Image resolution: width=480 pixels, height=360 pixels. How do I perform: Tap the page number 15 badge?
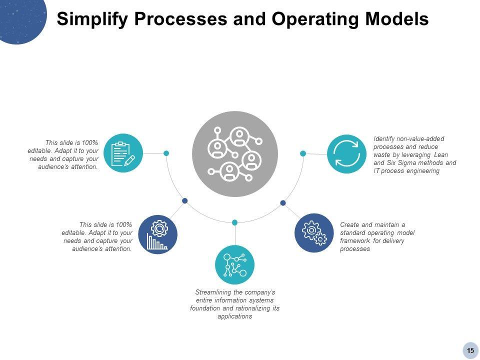(x=470, y=350)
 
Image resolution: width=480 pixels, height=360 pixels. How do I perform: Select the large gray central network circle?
(x=235, y=154)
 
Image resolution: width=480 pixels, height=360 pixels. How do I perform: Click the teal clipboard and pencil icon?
(x=123, y=153)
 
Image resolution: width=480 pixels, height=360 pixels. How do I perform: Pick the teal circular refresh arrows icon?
(x=346, y=153)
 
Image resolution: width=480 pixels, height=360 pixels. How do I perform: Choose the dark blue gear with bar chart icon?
(x=157, y=234)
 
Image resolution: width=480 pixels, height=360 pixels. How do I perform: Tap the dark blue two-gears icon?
(x=314, y=233)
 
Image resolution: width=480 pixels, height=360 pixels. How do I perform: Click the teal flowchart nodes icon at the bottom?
(x=234, y=265)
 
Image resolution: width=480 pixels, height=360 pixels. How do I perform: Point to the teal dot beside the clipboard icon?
(x=166, y=153)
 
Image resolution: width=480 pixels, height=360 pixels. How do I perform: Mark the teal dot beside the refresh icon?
(x=303, y=153)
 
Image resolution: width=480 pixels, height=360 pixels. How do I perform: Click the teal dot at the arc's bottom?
(x=234, y=222)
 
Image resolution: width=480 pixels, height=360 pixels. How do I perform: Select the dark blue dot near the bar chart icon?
(x=185, y=200)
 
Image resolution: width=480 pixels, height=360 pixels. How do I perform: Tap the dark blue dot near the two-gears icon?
(x=283, y=202)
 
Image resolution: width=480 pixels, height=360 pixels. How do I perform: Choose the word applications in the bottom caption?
(x=234, y=316)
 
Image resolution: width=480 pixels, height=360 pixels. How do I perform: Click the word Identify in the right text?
(x=385, y=138)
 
